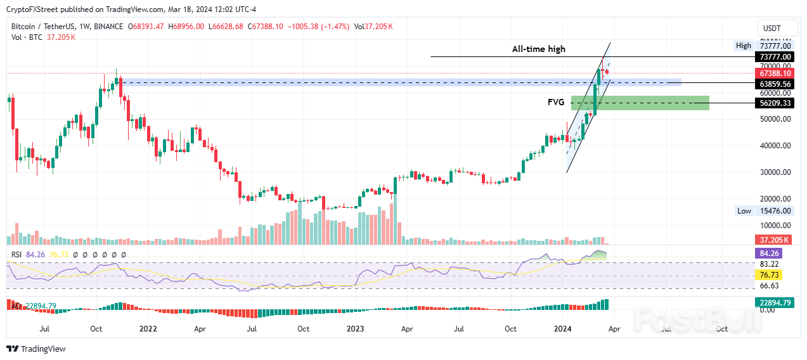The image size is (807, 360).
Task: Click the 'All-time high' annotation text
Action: point(539,49)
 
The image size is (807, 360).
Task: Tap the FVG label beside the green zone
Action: point(556,101)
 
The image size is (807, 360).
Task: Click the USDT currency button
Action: point(771,29)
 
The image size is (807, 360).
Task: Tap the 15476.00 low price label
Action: point(774,210)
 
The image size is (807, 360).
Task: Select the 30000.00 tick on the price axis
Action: point(775,172)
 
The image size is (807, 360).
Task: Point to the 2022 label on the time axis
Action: point(148,329)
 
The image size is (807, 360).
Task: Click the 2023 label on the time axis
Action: point(355,329)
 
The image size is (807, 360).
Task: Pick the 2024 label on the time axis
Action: point(563,329)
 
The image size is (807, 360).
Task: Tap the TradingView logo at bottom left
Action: point(36,349)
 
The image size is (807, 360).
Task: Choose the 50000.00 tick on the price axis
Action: point(775,119)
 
